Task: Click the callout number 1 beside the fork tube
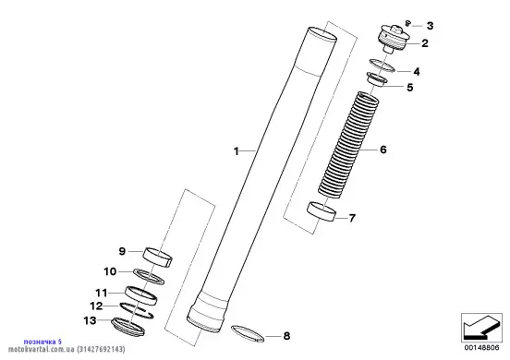click(x=237, y=151)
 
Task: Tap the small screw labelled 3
click(x=407, y=23)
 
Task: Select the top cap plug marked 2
click(x=393, y=40)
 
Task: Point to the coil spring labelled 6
click(x=348, y=145)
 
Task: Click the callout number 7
click(x=352, y=218)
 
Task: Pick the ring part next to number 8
click(x=248, y=333)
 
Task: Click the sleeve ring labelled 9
click(x=157, y=257)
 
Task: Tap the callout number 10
click(x=110, y=271)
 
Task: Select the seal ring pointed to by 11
click(x=140, y=295)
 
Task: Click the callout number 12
click(x=97, y=306)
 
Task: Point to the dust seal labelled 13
click(x=127, y=327)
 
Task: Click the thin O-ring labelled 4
click(x=382, y=66)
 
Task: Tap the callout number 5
click(x=410, y=88)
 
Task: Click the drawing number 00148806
click(x=481, y=348)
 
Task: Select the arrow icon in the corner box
click(x=481, y=327)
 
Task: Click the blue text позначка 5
click(x=42, y=342)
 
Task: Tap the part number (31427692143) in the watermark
click(x=101, y=350)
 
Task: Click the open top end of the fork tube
click(x=322, y=34)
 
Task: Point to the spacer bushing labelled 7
click(x=322, y=211)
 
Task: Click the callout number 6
click(x=383, y=150)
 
